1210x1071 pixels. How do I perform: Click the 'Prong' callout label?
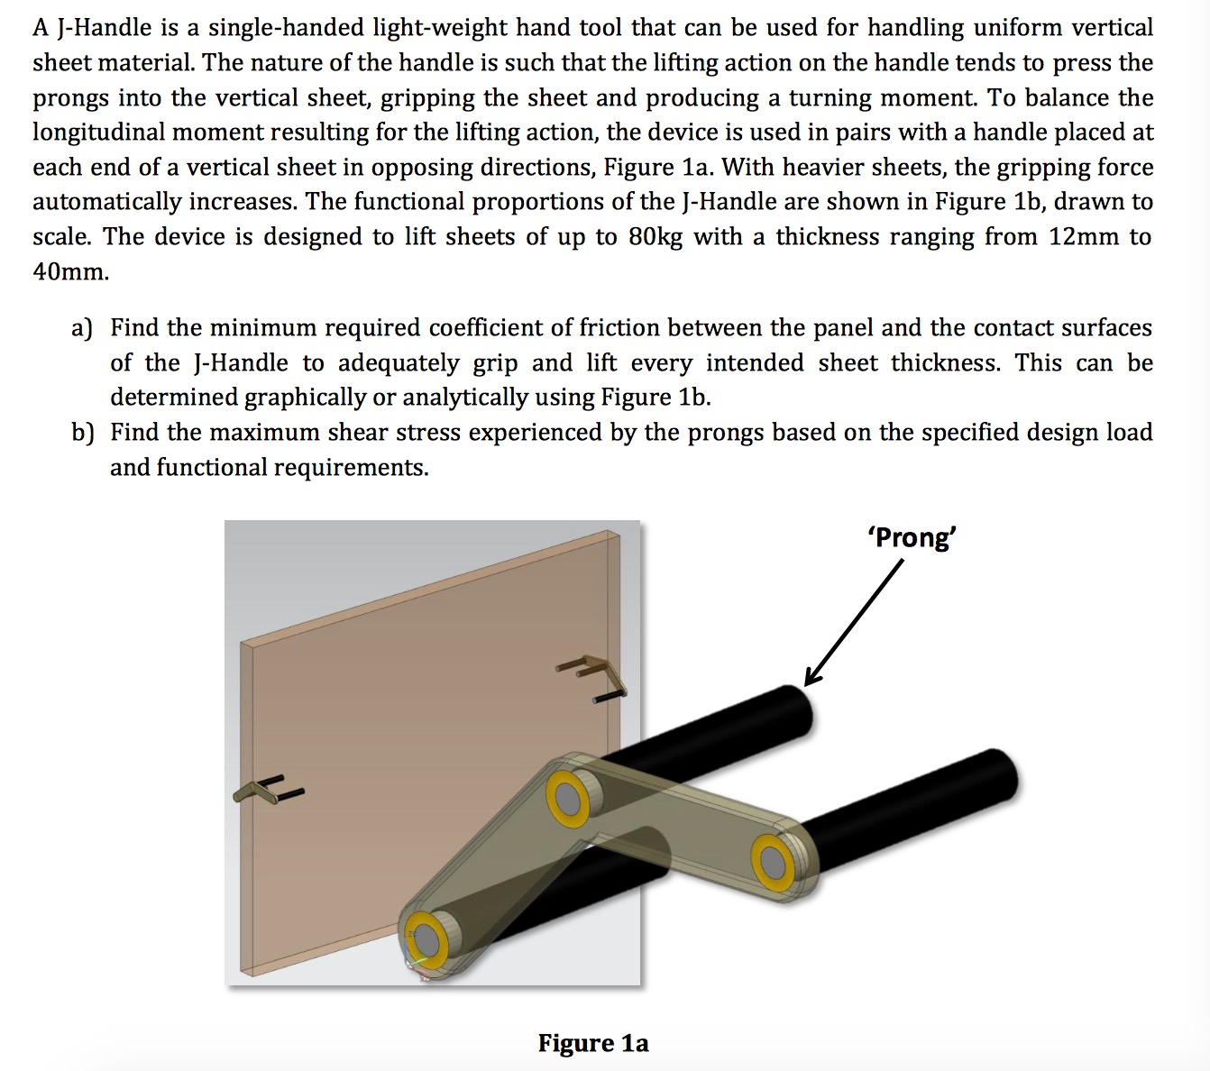912,537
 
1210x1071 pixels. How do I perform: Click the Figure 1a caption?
593,1043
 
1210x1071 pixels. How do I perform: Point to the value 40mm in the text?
69,272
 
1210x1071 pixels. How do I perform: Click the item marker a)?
82,328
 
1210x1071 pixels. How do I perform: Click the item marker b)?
83,433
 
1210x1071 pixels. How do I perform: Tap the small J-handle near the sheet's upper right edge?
591,675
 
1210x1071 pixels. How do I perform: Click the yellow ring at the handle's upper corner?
569,798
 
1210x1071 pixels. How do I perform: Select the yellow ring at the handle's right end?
772,861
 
